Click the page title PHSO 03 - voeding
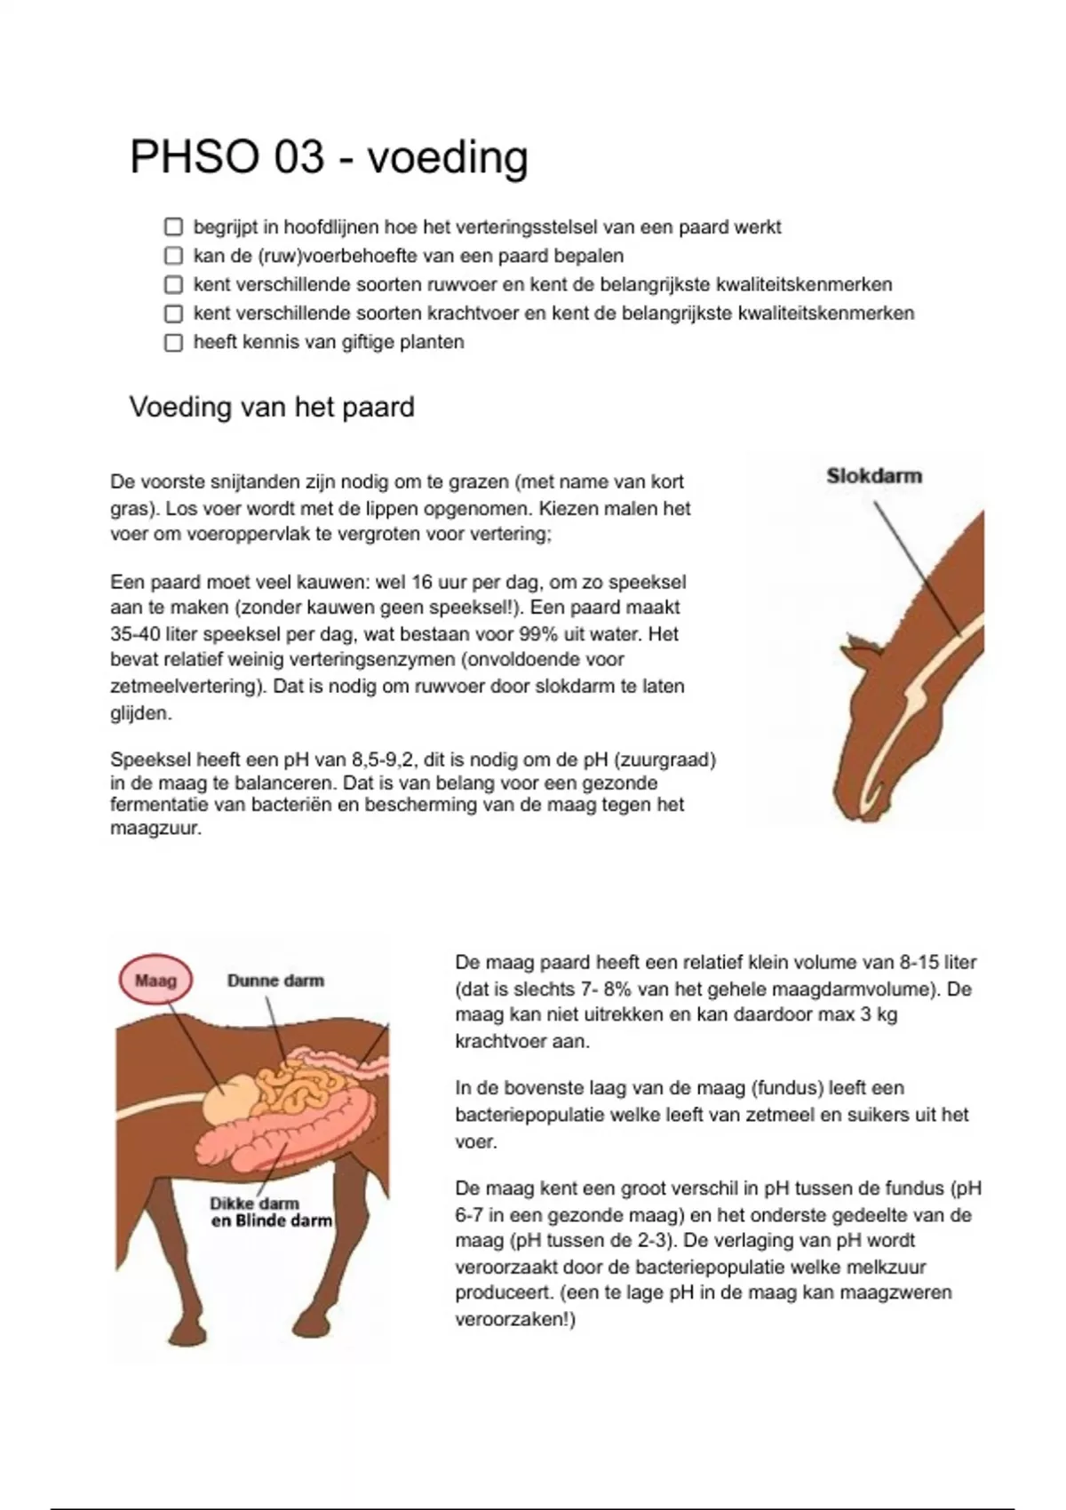point(329,158)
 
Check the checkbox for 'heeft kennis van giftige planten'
point(173,343)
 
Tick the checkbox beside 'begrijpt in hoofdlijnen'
point(173,227)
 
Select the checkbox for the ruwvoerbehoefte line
point(173,257)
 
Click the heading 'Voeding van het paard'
point(272,408)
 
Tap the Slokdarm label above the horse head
point(874,476)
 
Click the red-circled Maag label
point(155,981)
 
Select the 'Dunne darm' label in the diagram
point(275,981)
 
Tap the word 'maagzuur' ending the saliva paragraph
point(155,830)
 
